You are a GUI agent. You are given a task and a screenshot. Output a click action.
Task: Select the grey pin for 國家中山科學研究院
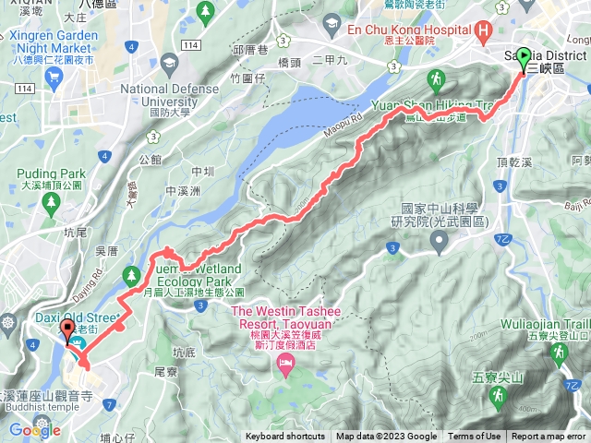[439, 242]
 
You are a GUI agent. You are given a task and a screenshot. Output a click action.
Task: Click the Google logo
[34, 430]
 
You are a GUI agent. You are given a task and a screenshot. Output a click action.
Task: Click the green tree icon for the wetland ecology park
[131, 275]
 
